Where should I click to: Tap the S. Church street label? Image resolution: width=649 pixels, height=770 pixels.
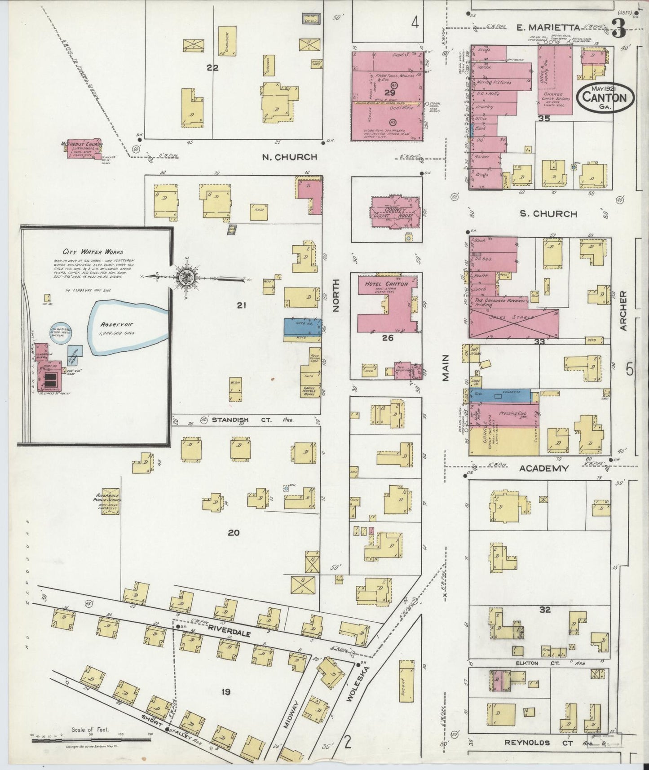[548, 214]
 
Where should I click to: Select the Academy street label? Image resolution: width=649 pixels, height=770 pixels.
[544, 468]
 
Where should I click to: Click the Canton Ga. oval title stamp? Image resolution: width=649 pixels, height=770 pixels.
[606, 97]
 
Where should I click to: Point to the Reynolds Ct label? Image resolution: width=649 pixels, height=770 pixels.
[527, 743]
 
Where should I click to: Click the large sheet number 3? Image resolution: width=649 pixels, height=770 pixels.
[619, 31]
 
